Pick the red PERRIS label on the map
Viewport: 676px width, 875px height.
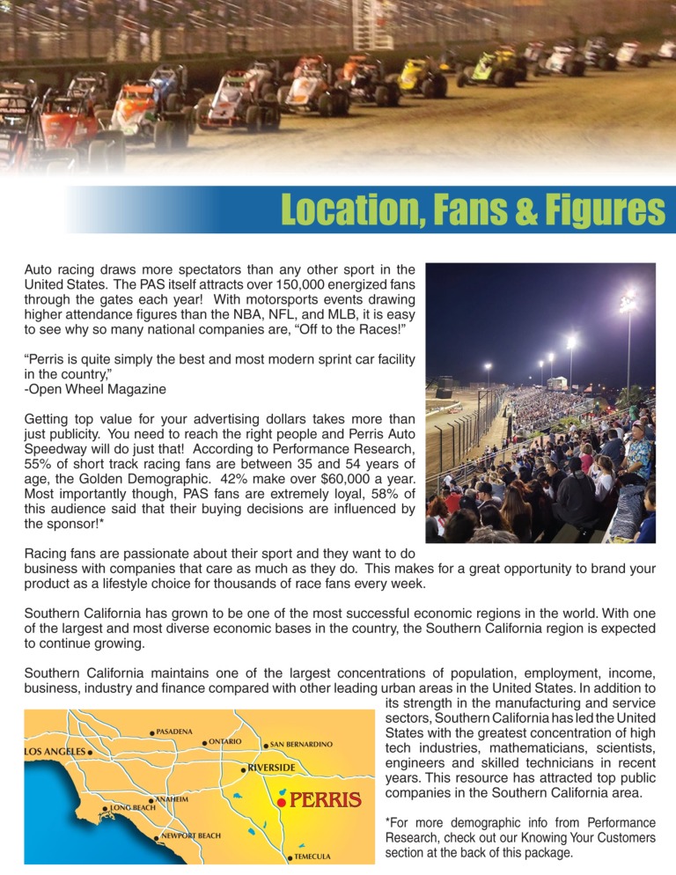(x=325, y=800)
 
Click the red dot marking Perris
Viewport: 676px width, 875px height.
(x=281, y=802)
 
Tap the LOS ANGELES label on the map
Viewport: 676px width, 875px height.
(x=54, y=752)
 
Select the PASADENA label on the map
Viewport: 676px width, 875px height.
(x=174, y=732)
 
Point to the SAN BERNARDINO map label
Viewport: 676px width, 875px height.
(x=301, y=745)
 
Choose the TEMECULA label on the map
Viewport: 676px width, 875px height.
(x=312, y=856)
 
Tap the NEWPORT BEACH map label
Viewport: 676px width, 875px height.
(x=190, y=835)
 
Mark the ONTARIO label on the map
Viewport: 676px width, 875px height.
(x=224, y=741)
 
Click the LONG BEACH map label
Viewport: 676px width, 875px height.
(x=132, y=807)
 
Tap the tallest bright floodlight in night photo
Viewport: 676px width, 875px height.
(x=628, y=302)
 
